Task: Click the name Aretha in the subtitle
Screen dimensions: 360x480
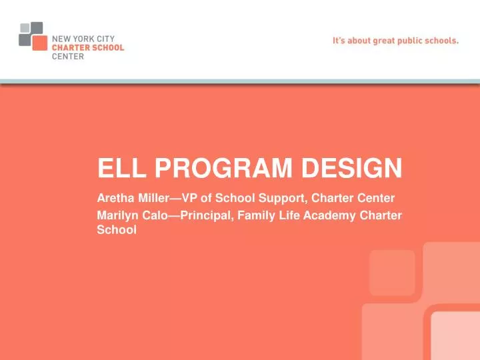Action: (114, 198)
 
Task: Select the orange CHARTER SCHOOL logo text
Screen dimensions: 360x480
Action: (88, 48)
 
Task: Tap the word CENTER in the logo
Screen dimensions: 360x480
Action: (67, 57)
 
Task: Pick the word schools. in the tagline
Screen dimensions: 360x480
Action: (441, 40)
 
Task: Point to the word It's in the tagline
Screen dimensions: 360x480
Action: (339, 40)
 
